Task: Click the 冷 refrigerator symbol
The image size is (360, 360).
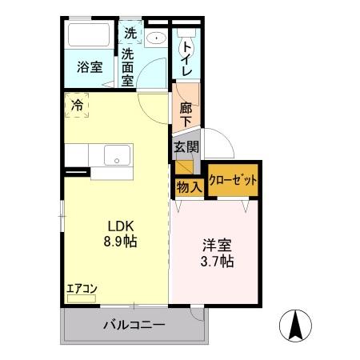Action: click(77, 105)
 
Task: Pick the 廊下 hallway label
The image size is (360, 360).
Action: click(185, 114)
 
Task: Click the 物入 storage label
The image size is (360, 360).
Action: click(189, 186)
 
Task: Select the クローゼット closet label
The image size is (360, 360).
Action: click(234, 181)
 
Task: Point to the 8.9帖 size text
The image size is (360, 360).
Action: click(119, 241)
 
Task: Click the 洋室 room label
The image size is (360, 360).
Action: click(216, 246)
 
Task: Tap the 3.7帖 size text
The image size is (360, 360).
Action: click(216, 262)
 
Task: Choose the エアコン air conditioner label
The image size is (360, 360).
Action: click(82, 290)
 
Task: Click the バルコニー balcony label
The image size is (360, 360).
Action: click(134, 326)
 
